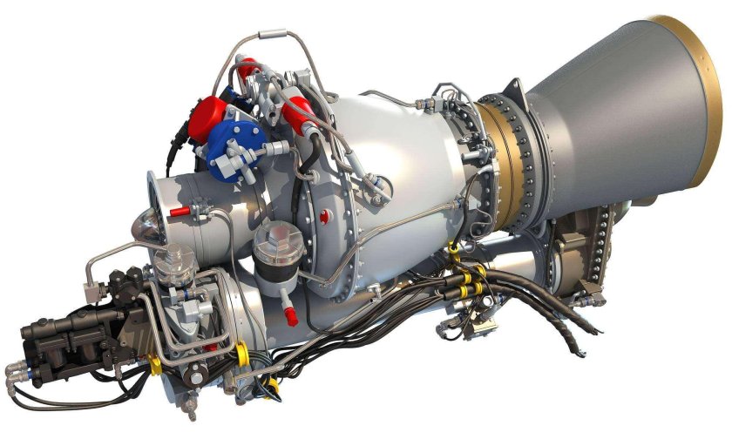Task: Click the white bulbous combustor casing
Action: pyautogui.click(x=392, y=148)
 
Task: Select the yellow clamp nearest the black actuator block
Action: pyautogui.click(x=154, y=361)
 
